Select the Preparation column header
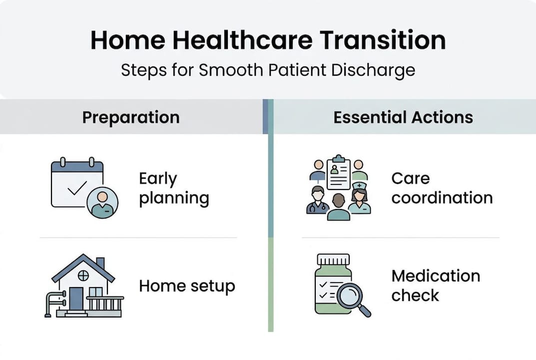tap(131, 117)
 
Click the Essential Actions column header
tap(403, 117)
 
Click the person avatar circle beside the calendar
tap(102, 203)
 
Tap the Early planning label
tap(173, 188)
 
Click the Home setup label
tap(187, 286)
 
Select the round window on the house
tap(83, 275)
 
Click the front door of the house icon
tap(76, 298)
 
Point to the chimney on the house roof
tap(100, 263)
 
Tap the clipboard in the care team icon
tap(339, 172)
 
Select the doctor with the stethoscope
tap(317, 200)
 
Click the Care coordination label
tap(442, 188)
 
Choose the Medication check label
tap(435, 285)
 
